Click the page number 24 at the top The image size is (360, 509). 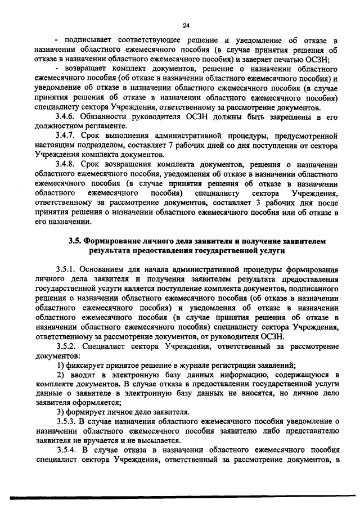[x=186, y=25]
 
